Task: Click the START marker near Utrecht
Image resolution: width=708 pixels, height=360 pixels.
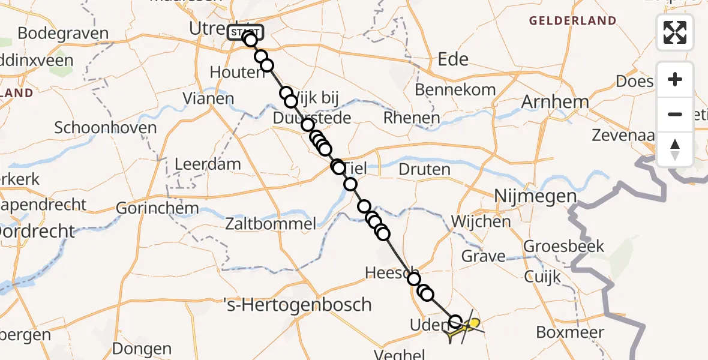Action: (x=245, y=32)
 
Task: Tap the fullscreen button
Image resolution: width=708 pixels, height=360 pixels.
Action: (x=675, y=32)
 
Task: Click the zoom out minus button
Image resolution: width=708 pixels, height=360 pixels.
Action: (x=675, y=114)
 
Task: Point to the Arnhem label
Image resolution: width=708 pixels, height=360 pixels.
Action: (x=554, y=102)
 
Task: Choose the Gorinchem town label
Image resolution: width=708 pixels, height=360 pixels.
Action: (x=158, y=208)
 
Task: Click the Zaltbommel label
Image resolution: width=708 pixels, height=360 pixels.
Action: (x=271, y=224)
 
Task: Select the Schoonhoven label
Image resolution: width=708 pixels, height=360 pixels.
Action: (x=106, y=127)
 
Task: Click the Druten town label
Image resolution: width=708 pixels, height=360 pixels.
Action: (x=425, y=169)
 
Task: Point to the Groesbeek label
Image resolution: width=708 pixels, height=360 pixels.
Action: (x=564, y=246)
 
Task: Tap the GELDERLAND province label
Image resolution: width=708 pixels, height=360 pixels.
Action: (x=572, y=21)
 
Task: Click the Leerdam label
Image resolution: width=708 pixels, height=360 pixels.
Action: (x=208, y=164)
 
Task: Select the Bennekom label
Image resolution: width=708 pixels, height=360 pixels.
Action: (x=455, y=90)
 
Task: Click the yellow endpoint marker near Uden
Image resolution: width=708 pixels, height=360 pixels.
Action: (x=474, y=325)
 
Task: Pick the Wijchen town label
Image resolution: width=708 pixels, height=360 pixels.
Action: (x=481, y=221)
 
